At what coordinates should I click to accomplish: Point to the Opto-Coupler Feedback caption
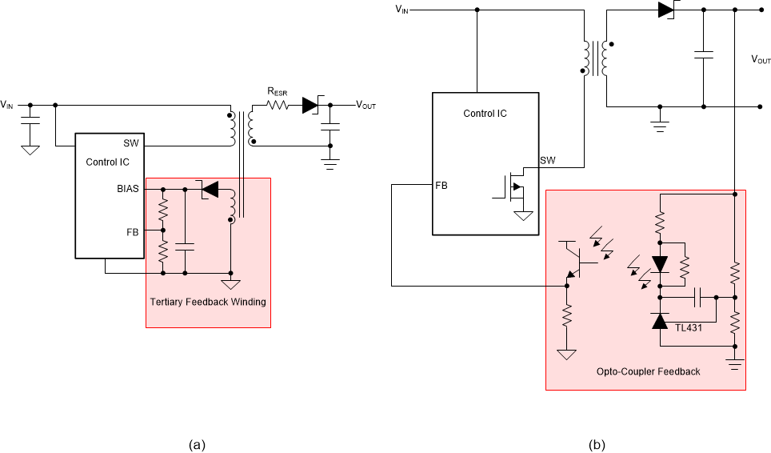point(648,371)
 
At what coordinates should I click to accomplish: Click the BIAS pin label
point(127,189)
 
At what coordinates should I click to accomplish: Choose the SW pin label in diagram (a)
point(130,144)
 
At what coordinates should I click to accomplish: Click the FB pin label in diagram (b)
point(441,185)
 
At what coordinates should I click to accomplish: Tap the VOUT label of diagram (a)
point(366,105)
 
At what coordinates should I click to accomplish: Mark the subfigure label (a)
point(197,443)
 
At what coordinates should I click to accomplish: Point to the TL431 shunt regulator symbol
point(660,321)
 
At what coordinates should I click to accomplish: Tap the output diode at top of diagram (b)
point(666,10)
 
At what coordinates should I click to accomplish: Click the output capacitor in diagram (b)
point(704,55)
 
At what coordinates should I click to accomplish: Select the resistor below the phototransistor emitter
point(567,319)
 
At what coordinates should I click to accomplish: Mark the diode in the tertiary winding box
point(210,189)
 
